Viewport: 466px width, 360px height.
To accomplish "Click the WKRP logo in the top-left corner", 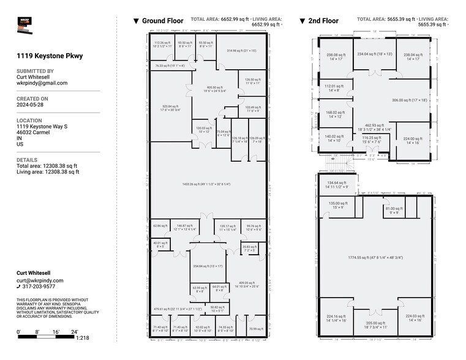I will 28,25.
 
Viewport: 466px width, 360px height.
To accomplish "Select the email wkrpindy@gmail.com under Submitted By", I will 42,83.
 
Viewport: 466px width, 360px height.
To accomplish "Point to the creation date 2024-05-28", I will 31,105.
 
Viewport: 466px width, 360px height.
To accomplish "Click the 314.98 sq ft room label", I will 240,51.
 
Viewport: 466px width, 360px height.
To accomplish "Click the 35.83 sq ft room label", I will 249,249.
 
